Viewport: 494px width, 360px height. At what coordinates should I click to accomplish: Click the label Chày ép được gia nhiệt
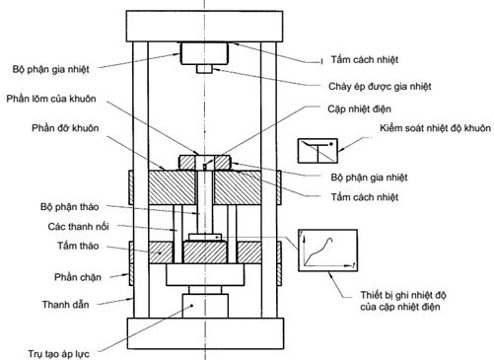coord(380,87)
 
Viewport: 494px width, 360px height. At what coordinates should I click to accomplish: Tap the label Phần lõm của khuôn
coord(51,99)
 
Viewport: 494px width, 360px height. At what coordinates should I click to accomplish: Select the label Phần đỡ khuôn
coord(65,128)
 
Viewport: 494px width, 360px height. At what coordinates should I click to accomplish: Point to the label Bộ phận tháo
coord(69,207)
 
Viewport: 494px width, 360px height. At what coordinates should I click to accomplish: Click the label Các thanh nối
coord(78,226)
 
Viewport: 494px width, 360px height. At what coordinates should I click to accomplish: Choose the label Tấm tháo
coord(78,246)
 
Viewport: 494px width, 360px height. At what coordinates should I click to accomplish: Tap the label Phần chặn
coord(78,277)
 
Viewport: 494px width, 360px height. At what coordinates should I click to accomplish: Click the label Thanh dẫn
coord(65,305)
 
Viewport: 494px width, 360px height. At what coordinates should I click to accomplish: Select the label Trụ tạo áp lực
coord(58,354)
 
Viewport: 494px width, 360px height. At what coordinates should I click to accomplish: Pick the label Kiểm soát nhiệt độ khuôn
coord(436,128)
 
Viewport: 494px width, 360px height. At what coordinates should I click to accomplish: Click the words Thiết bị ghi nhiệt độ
coord(403,295)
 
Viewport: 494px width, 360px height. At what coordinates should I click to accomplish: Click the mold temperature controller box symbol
coord(318,151)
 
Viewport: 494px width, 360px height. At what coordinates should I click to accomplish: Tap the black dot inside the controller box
coord(331,144)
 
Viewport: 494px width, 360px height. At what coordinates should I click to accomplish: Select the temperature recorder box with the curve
coord(327,251)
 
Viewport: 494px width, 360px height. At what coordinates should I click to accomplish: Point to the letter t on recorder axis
coord(353,265)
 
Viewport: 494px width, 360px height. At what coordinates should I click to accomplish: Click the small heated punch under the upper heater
coord(204,69)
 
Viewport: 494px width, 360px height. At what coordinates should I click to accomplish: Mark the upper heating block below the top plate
coord(204,53)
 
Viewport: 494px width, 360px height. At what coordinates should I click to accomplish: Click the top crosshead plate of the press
coord(204,27)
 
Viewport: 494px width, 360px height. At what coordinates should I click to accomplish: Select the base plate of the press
coord(205,333)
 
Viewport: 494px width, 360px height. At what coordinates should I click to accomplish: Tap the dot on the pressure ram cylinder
coord(192,306)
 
